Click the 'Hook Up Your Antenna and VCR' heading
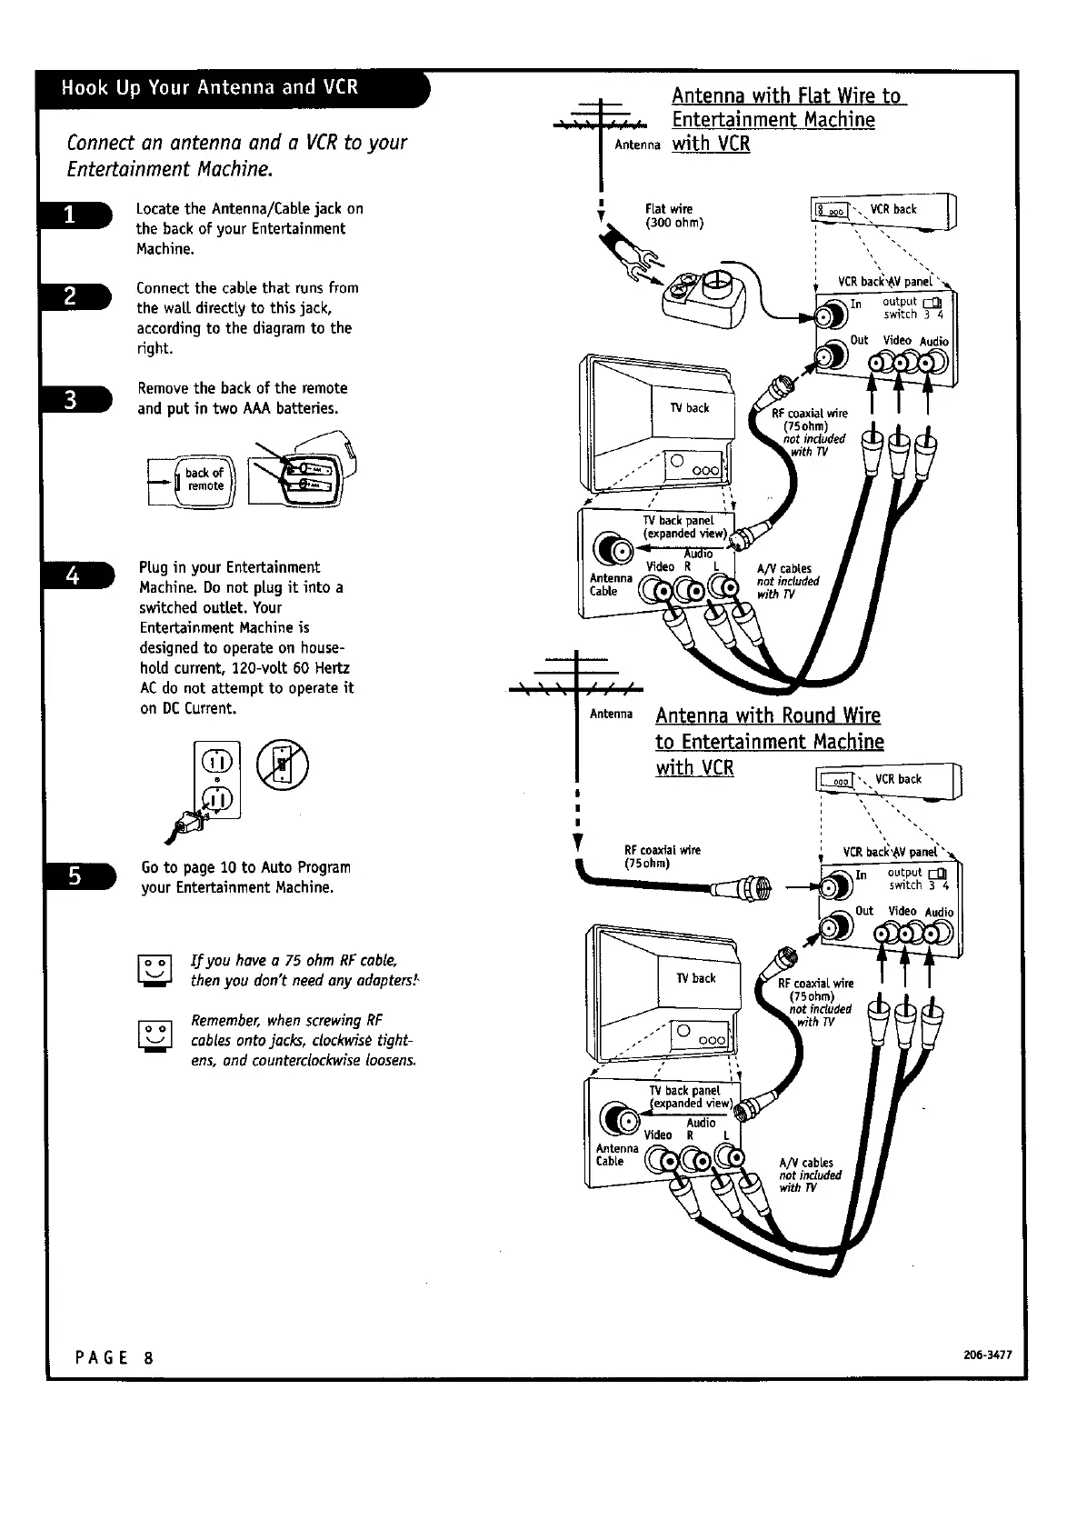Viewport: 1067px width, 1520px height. tap(210, 87)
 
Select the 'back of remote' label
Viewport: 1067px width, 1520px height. tap(204, 479)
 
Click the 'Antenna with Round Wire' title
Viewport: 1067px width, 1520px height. tap(768, 715)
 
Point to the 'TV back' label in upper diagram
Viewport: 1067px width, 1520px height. tap(690, 407)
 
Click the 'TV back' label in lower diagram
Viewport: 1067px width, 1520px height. tap(695, 978)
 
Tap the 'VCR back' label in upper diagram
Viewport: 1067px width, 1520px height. tap(892, 209)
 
